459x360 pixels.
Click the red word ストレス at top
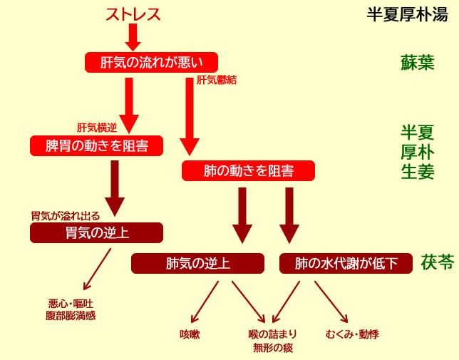(x=133, y=14)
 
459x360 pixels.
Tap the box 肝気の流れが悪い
(x=150, y=62)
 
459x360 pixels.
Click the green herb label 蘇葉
(x=417, y=63)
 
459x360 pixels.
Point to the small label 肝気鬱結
(x=216, y=81)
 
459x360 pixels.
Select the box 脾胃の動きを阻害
(x=96, y=146)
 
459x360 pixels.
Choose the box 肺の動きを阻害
(x=248, y=171)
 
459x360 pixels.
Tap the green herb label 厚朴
(x=417, y=152)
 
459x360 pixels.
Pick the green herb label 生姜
(x=417, y=172)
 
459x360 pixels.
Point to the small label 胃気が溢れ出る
(x=65, y=215)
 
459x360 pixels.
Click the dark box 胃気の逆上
(x=96, y=233)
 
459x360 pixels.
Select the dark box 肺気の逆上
(x=197, y=264)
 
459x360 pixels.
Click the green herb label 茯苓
(x=437, y=262)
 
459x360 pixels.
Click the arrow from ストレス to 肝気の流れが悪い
(x=133, y=36)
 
